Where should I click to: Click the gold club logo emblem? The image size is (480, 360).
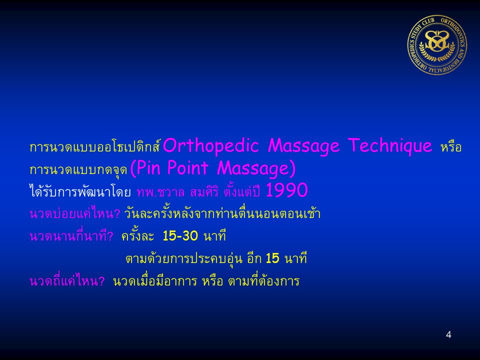pos(437,45)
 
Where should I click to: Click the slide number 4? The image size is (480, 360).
pos(448,334)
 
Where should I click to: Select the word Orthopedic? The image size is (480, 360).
pos(211,146)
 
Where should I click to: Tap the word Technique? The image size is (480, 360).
pos(389,146)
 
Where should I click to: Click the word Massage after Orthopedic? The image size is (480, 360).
pos(303,146)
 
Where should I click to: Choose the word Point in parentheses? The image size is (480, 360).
pos(187,168)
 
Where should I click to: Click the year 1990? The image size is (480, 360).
pos(286,190)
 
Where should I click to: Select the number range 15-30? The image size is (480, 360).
pos(180,236)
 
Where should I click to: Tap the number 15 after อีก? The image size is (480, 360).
pos(272,258)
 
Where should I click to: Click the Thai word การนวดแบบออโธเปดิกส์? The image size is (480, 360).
pos(95,146)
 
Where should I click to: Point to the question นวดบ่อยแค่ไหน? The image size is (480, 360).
pos(75,213)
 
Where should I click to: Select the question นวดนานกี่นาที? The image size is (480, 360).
pos(71,235)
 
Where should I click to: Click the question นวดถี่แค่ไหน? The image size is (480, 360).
pos(67,280)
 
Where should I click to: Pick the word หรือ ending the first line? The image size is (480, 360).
pos(451,147)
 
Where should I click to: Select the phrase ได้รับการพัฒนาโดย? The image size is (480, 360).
pos(80,191)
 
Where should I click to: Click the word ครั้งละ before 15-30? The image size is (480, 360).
pos(138,235)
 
